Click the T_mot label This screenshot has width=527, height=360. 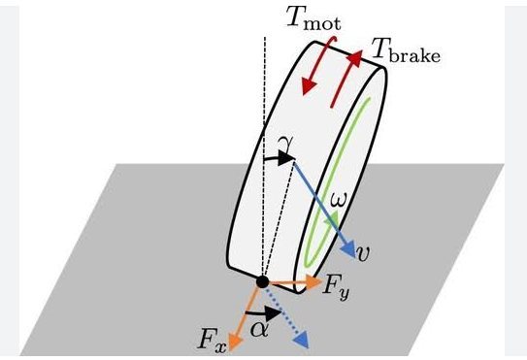point(313,18)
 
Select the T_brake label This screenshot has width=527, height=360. point(406,51)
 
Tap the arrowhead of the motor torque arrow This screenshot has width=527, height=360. point(309,86)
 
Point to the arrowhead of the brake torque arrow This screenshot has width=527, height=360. point(354,58)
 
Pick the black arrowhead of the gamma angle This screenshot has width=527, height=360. point(286,158)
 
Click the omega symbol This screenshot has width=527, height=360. point(339,199)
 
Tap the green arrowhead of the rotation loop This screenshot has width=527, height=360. point(334,218)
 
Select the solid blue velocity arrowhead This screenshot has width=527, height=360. point(348,249)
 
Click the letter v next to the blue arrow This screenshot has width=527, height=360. point(364,253)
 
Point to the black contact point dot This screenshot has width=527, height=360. point(262,281)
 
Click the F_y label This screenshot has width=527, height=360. point(336,288)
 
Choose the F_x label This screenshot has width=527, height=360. point(213,340)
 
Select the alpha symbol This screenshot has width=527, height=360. point(259,330)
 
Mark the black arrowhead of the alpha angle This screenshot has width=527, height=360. point(273,312)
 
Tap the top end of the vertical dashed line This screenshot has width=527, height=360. point(265,37)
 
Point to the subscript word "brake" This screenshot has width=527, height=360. point(414,56)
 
